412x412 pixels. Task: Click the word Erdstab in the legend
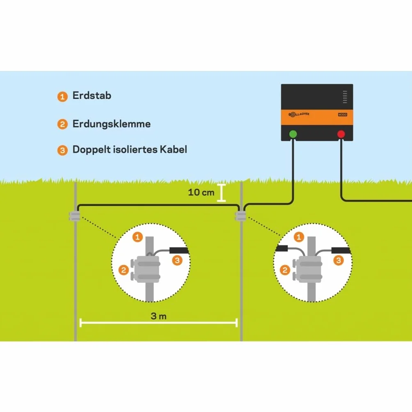pos(92,95)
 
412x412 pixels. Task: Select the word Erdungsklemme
pos(111,124)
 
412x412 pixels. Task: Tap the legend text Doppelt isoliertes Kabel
pos(130,149)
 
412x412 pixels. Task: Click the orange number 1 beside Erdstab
pos(62,97)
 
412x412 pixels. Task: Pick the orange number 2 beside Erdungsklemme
pos(62,124)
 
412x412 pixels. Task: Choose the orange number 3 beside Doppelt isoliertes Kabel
pos(62,150)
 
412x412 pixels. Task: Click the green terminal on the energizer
pos(293,134)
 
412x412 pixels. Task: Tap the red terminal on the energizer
pos(341,134)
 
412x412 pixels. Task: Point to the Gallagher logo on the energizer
pos(299,114)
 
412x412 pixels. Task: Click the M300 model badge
pos(343,114)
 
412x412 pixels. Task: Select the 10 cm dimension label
pos(201,192)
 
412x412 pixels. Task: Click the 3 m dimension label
pos(159,316)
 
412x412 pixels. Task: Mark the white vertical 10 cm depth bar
pos(221,193)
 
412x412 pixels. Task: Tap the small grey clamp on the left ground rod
pos(74,216)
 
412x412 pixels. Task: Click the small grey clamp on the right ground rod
pos(240,216)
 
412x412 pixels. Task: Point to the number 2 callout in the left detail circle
pos(124,270)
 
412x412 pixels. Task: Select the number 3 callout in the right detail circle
pos(339,261)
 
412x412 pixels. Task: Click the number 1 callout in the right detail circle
pos(299,237)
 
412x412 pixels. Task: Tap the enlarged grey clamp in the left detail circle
pos(145,269)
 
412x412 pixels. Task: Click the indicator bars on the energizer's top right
pos(345,97)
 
